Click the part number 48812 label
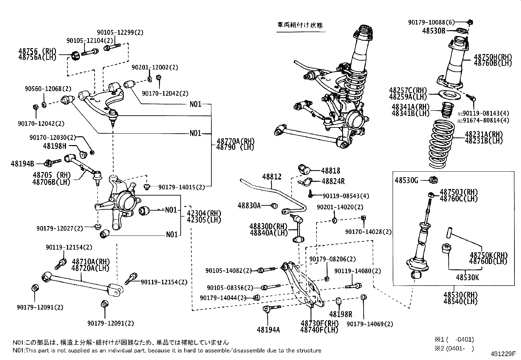271,177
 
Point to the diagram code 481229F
503,354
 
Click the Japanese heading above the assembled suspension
300,25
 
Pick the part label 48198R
340,314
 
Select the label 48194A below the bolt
268,330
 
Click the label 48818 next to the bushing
331,171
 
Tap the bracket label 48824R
333,181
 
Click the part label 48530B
434,31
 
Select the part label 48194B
22,163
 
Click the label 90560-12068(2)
48,89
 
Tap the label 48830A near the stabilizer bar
249,205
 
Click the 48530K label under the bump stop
467,277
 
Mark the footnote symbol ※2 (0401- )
454,348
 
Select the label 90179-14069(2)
370,324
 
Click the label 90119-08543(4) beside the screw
346,196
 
